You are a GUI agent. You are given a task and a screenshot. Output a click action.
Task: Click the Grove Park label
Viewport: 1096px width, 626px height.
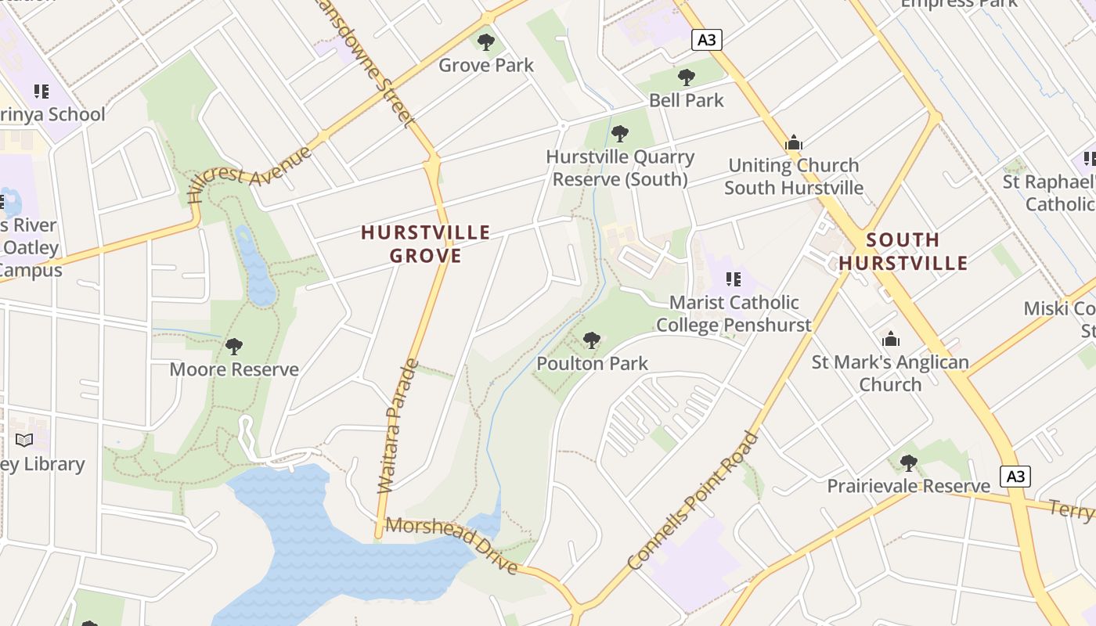click(x=485, y=65)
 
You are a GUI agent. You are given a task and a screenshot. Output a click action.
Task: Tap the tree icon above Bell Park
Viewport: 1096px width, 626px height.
click(x=687, y=77)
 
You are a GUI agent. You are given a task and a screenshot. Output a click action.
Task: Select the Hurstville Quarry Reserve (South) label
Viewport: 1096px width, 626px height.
click(x=620, y=168)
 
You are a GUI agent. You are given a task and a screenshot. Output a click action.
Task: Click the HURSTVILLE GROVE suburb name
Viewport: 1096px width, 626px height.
click(x=426, y=243)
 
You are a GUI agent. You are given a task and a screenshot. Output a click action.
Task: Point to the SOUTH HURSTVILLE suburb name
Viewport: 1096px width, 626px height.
click(x=903, y=250)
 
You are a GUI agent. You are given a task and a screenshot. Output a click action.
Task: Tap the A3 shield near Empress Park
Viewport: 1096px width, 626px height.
click(x=706, y=39)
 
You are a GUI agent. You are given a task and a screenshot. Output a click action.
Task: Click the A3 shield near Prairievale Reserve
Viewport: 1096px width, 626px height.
click(x=1015, y=476)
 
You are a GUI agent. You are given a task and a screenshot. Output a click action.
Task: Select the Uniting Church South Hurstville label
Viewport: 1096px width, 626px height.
click(x=794, y=176)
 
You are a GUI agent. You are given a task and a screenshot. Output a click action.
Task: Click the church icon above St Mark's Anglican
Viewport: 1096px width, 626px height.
click(x=890, y=339)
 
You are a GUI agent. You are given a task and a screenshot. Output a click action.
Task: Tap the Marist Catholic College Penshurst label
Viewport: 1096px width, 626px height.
click(x=734, y=313)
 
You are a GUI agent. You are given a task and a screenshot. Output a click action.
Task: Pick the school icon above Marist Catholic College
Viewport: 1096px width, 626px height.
click(x=734, y=279)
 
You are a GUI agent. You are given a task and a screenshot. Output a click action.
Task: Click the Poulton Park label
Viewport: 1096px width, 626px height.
click(x=593, y=363)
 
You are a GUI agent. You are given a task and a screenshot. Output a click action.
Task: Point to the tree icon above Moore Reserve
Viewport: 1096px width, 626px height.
click(x=233, y=346)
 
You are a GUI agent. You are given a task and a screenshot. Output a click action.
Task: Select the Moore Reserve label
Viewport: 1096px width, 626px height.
click(x=234, y=369)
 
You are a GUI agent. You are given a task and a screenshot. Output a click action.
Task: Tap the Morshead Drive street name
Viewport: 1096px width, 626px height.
click(x=452, y=545)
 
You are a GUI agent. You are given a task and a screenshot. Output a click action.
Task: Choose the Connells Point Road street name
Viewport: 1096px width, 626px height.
click(x=694, y=501)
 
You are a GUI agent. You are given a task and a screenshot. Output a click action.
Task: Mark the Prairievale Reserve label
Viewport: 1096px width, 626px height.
click(x=908, y=486)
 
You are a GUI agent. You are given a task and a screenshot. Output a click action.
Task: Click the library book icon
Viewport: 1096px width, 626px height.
click(x=24, y=440)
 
